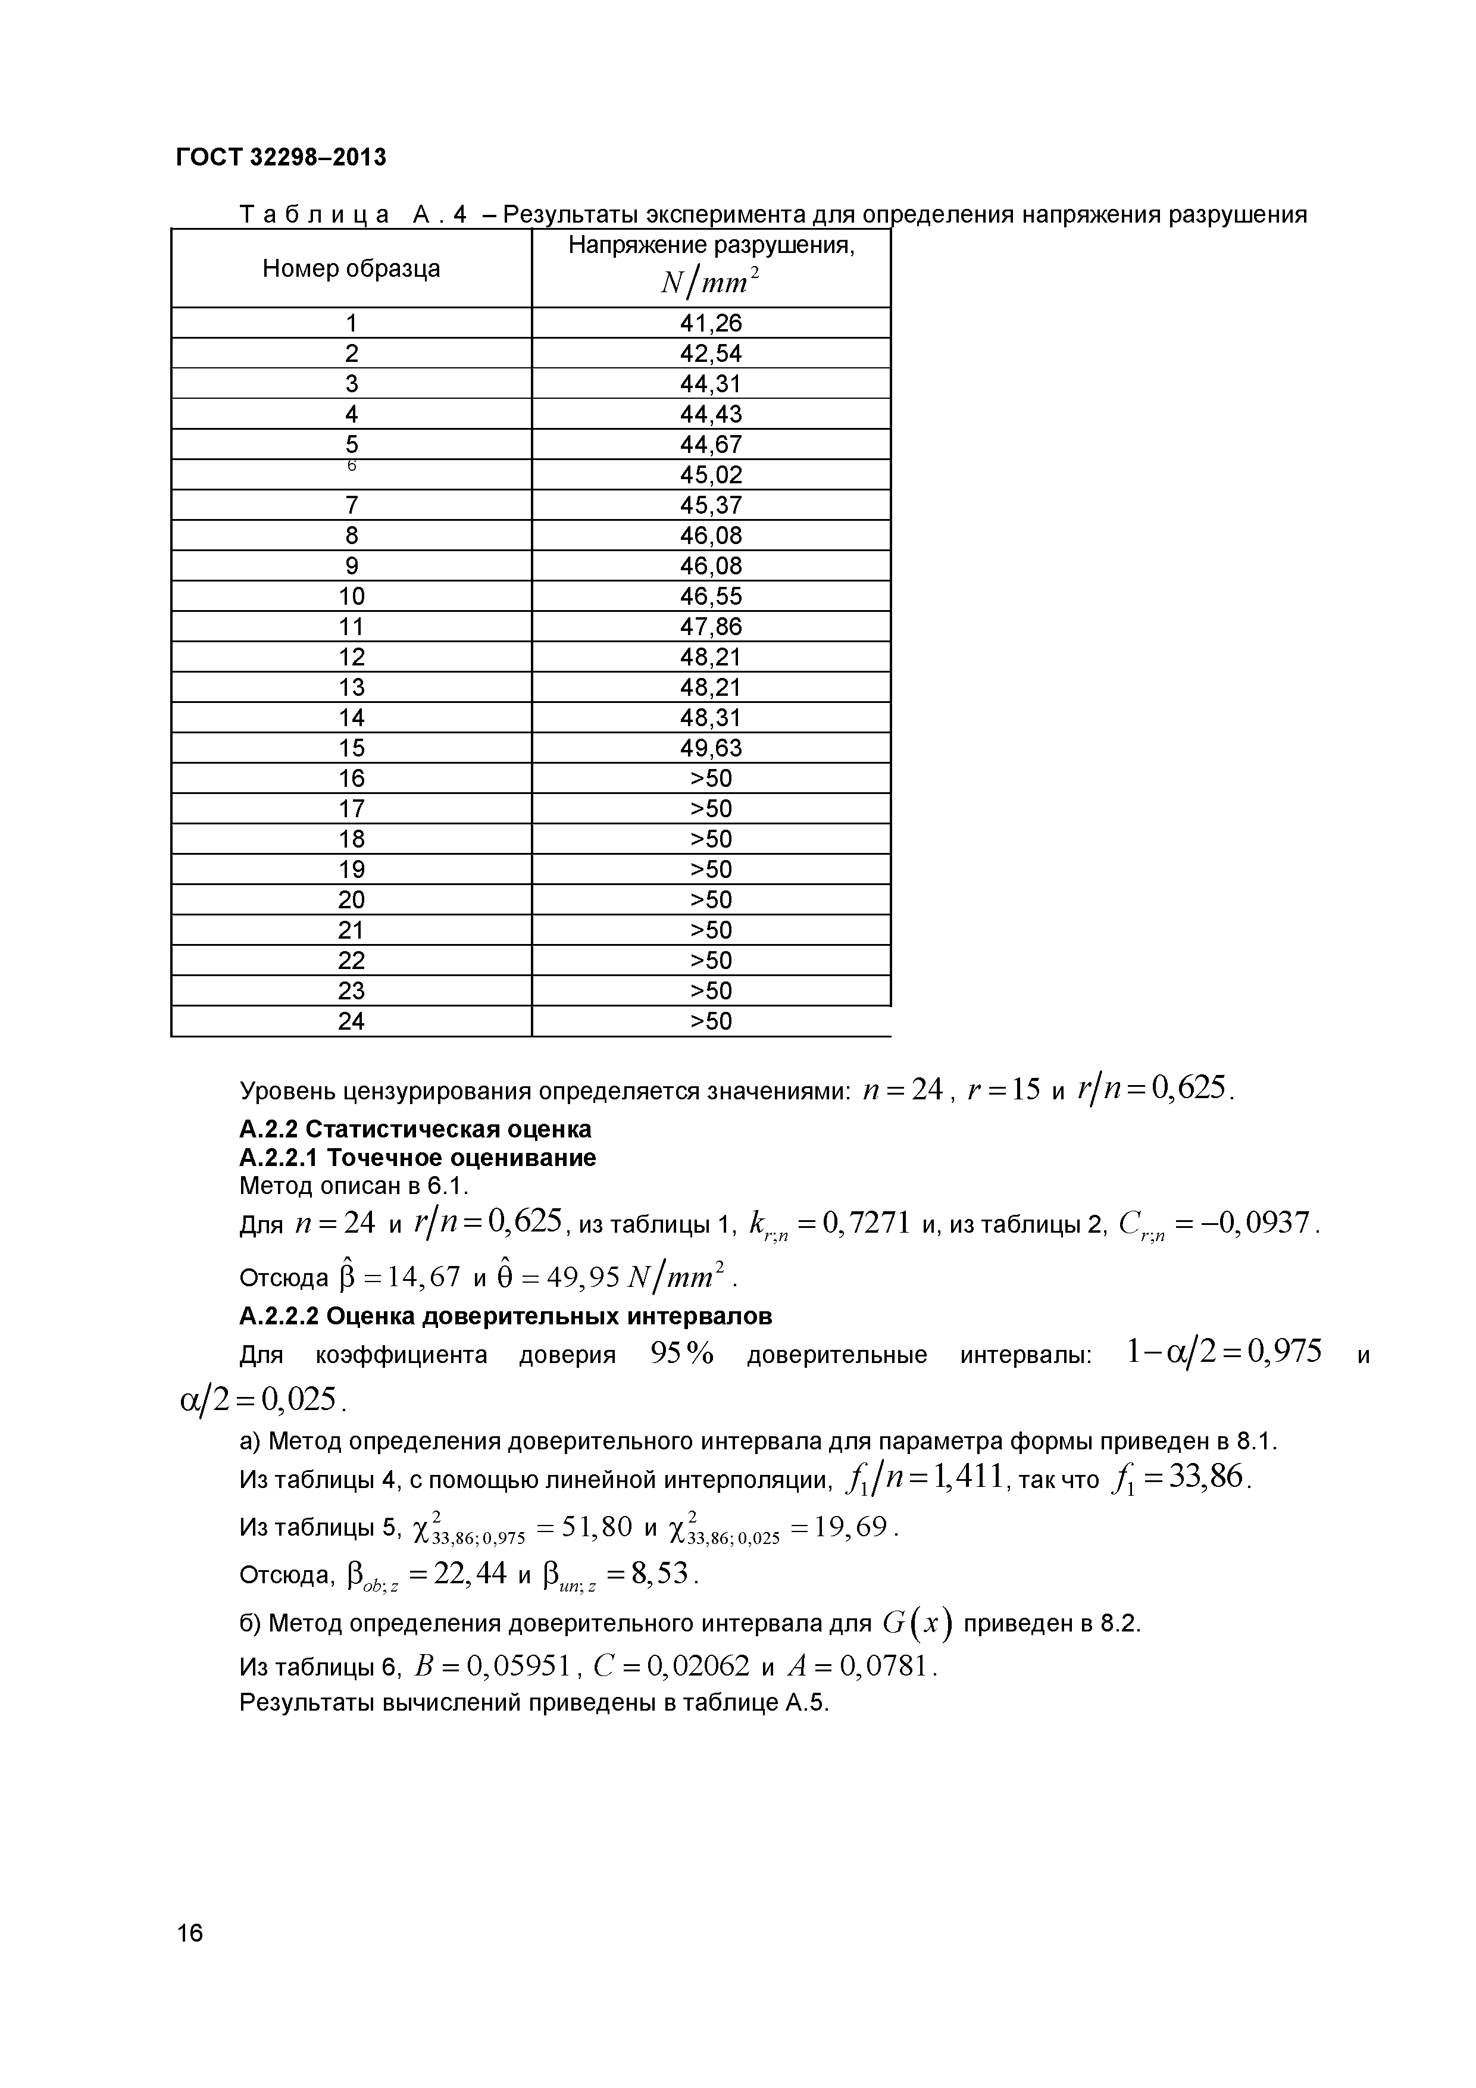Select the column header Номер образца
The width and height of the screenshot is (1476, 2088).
351,268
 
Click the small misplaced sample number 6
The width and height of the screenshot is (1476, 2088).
352,465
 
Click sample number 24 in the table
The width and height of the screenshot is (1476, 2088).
351,1021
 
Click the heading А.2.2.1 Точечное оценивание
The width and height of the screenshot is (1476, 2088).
417,1158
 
